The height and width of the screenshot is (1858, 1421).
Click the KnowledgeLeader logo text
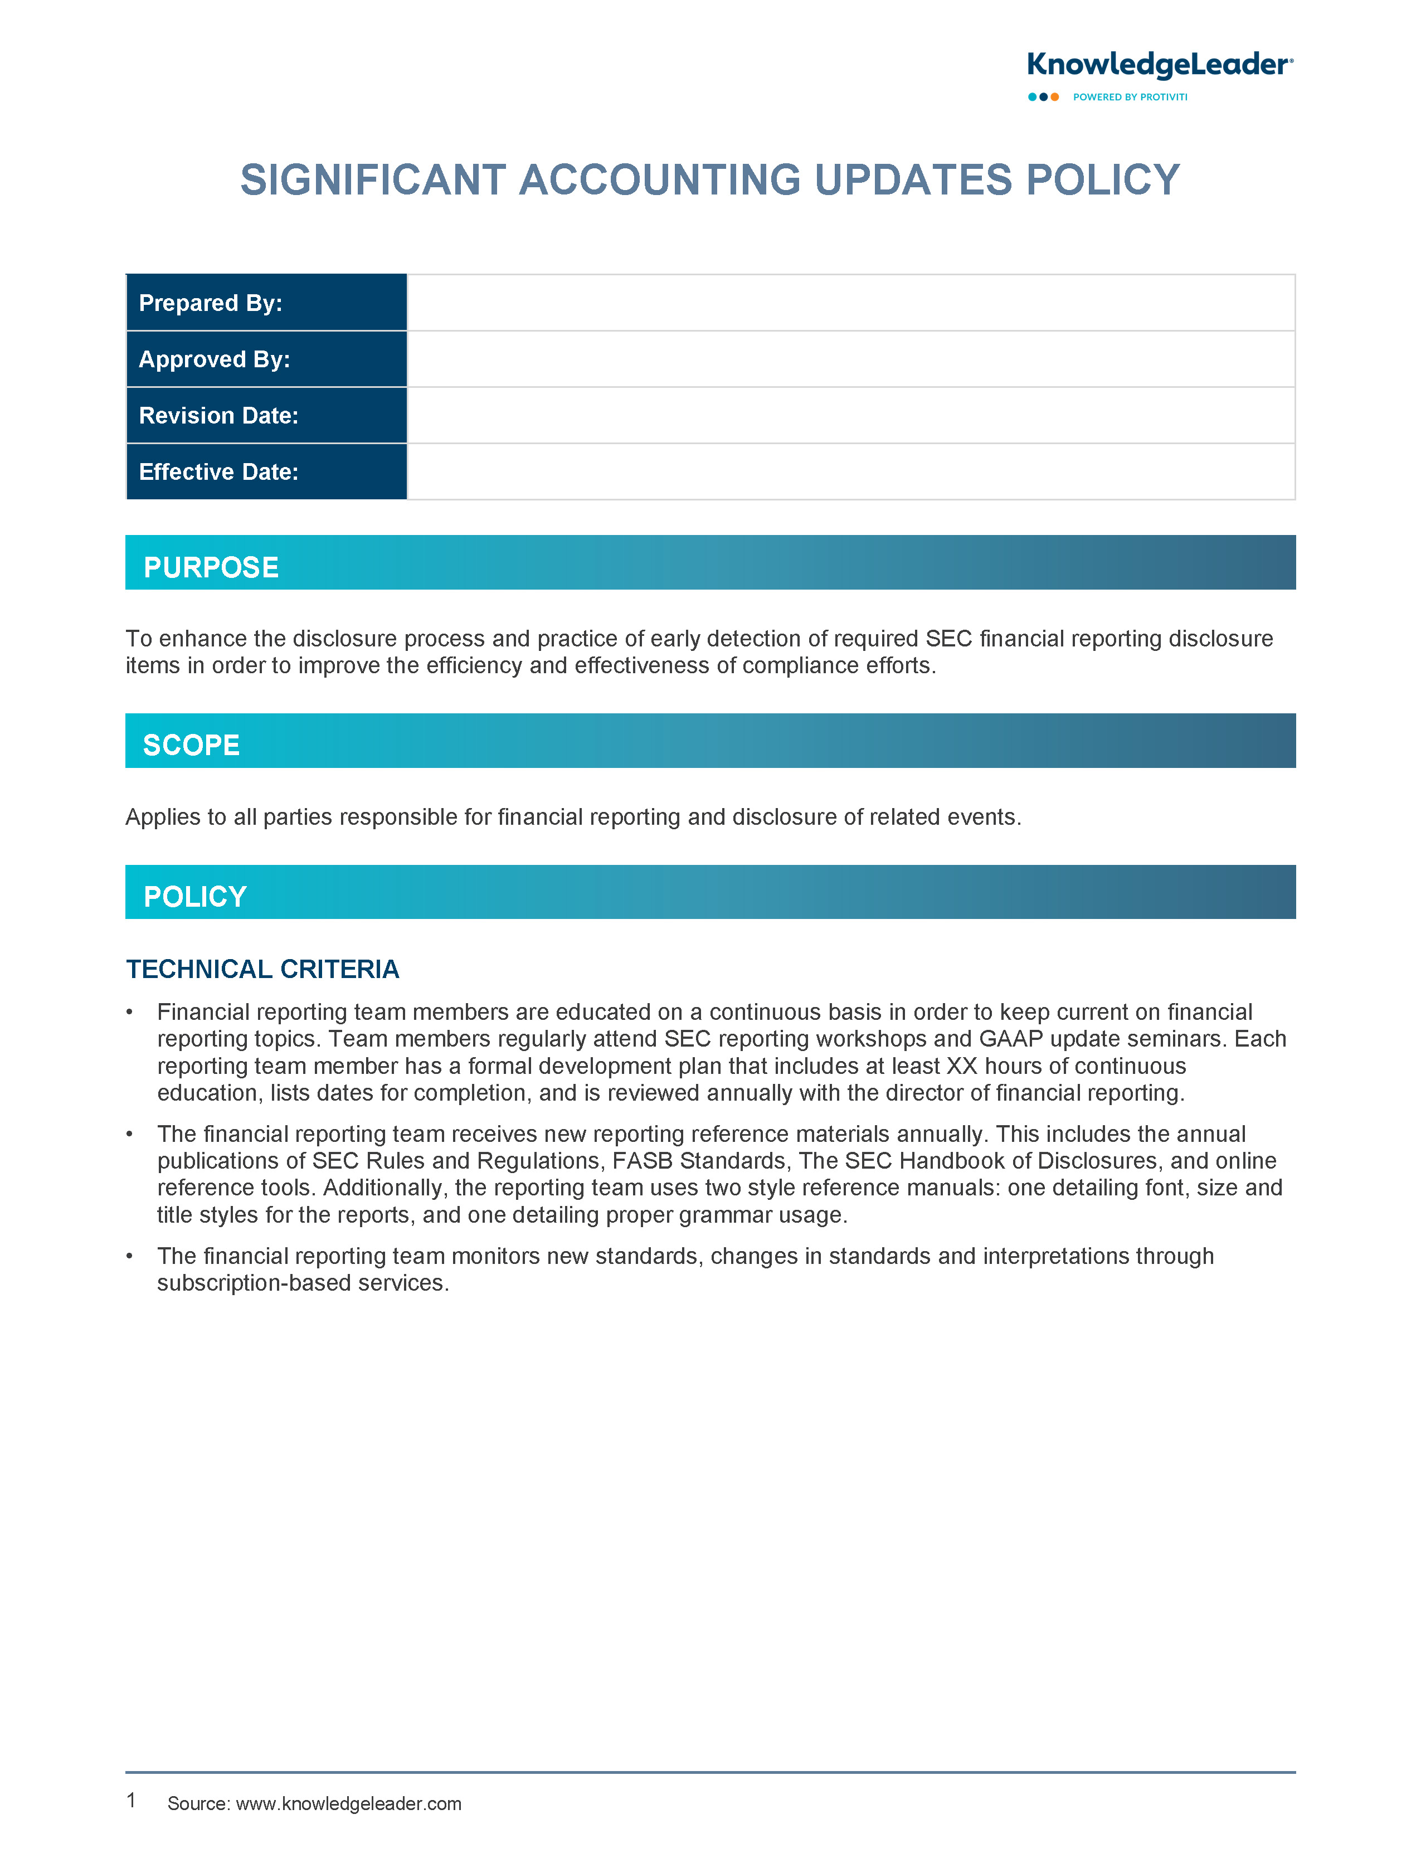tap(1159, 65)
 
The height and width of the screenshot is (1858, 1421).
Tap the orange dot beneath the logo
tap(1055, 98)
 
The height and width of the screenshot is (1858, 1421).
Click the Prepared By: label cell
tap(266, 303)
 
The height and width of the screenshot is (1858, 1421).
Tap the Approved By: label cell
tap(266, 359)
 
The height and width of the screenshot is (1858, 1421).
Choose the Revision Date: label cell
tap(266, 415)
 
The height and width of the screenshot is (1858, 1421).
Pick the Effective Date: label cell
tap(266, 472)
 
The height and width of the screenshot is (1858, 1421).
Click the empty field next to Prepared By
tap(850, 303)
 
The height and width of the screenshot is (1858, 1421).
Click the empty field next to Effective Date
tap(850, 472)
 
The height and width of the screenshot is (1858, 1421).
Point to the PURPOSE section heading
tap(211, 567)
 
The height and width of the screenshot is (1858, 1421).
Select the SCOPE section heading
tap(192, 745)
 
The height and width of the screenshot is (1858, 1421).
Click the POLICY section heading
tap(196, 897)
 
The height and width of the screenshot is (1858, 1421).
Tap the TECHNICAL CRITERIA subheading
tap(262, 969)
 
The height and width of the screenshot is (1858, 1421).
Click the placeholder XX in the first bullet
tap(962, 1067)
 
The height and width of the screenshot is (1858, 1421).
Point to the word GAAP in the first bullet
tap(1011, 1039)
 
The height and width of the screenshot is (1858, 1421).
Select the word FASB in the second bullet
tap(643, 1161)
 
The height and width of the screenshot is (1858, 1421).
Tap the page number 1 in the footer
tap(131, 1801)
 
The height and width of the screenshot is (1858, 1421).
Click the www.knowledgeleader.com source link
tap(348, 1804)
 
